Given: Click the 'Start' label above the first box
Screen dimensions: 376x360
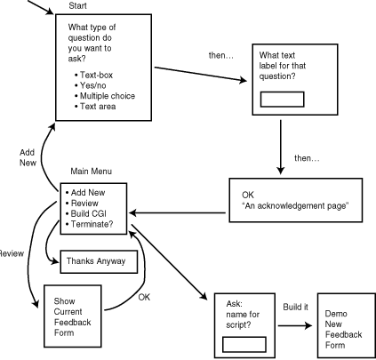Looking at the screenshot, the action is coord(77,5).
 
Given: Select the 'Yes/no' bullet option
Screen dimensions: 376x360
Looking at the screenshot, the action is coord(92,85).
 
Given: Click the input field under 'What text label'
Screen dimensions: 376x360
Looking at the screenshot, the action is coord(282,100).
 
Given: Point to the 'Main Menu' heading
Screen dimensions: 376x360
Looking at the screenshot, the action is coord(92,172).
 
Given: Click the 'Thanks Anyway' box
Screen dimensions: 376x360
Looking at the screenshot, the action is coord(99,261).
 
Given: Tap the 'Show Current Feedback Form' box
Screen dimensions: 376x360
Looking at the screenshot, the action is coord(73,316).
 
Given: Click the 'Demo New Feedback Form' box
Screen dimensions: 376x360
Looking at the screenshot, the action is coord(347,325).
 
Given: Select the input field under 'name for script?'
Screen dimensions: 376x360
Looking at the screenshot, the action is coord(244,344).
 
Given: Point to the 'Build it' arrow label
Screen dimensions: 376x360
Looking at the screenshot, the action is coord(295,307).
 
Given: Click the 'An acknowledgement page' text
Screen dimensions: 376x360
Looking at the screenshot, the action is coord(295,206).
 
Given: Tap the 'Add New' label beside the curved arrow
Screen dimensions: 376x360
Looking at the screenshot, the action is coord(28,157).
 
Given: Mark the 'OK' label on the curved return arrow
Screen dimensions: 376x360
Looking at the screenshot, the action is coord(144,297).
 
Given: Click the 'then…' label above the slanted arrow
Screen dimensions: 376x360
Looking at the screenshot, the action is coord(221,55).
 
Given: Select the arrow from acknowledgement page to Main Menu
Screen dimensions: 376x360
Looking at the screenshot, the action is coord(177,212).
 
